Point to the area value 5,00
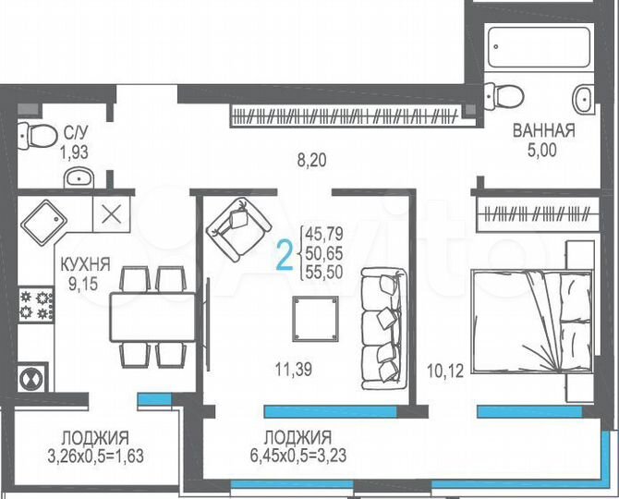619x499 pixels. (x=543, y=150)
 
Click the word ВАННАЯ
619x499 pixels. (x=543, y=131)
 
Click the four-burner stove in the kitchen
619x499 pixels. (x=35, y=304)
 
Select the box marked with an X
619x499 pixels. (x=110, y=215)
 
